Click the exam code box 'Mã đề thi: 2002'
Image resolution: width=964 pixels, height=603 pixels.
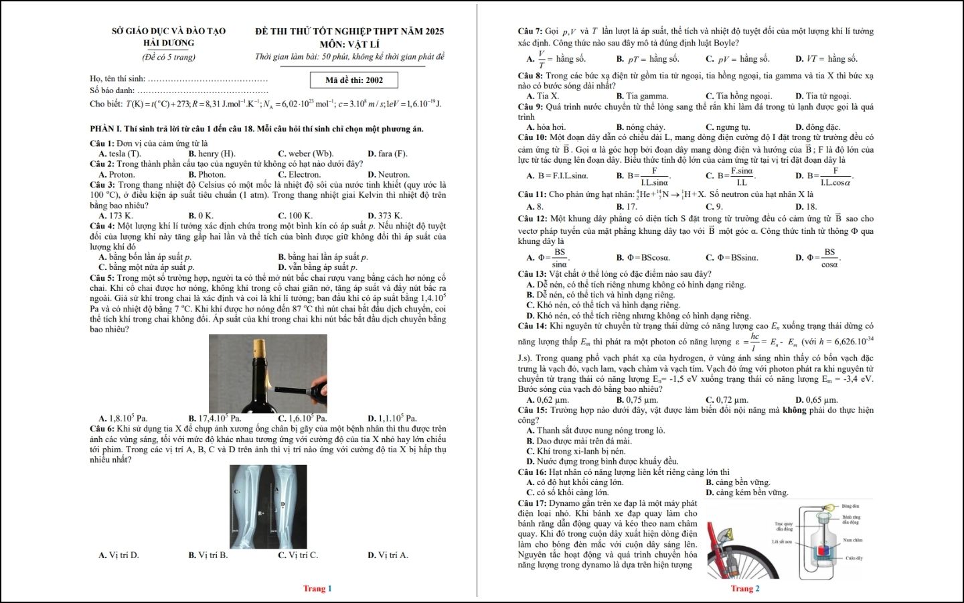[354, 80]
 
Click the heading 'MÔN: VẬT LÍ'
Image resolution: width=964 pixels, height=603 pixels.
[349, 44]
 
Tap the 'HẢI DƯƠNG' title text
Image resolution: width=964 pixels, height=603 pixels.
[169, 43]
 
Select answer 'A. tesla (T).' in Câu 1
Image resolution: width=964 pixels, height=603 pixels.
[120, 153]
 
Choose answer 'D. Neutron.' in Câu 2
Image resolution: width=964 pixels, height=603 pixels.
[388, 174]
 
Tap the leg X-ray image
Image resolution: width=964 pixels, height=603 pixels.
[268, 507]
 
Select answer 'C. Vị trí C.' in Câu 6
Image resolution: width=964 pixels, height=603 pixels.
[298, 555]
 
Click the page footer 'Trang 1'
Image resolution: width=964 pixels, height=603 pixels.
[317, 588]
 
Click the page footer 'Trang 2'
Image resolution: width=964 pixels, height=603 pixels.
[744, 588]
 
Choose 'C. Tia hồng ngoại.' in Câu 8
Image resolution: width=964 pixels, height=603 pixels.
[738, 96]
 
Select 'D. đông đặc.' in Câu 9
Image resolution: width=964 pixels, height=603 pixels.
[817, 127]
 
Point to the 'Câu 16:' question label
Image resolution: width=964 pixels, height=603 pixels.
[532, 472]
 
